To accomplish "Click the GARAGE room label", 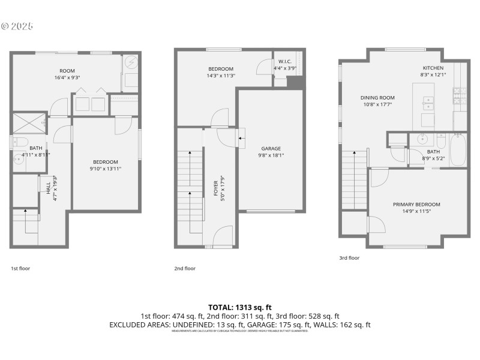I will [271, 148].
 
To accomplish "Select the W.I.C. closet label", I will [284, 62].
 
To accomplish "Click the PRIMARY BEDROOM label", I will [416, 204].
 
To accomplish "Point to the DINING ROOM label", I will [377, 98].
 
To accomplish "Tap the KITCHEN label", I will [433, 68].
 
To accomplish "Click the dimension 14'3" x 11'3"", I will [220, 76].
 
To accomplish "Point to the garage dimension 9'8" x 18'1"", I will [271, 156].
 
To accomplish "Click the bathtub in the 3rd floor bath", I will [457, 150].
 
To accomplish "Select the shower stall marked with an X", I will [28, 122].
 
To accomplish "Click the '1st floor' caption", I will [20, 268].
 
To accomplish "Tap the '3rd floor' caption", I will [349, 258].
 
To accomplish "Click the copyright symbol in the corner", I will [5, 26].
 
